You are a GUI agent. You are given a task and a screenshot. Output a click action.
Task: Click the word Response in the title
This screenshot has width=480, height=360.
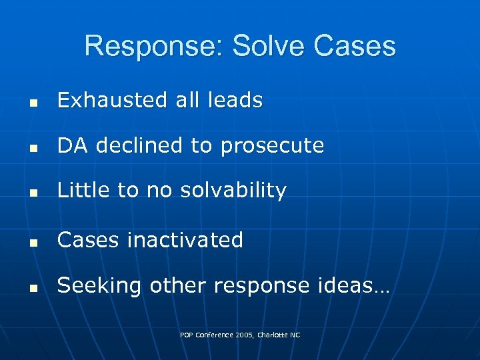click(x=154, y=47)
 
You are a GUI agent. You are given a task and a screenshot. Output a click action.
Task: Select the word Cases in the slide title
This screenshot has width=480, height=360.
click(x=353, y=47)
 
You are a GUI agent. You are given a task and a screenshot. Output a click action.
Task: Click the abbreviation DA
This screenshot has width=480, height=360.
click(x=73, y=146)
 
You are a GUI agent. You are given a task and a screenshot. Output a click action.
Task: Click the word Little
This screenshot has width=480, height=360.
click(x=84, y=191)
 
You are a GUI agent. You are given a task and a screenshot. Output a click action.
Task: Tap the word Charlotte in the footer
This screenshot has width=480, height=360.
click(x=268, y=335)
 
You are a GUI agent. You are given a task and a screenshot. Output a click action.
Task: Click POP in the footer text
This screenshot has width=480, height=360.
click(x=187, y=335)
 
